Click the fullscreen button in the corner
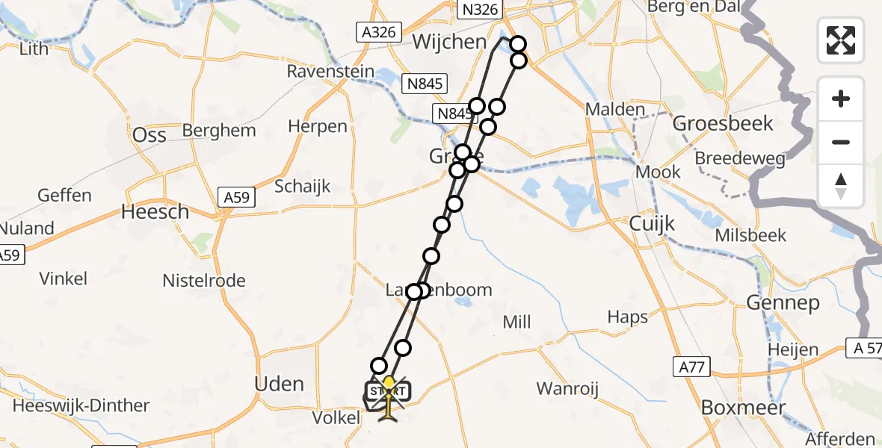pyautogui.click(x=841, y=40)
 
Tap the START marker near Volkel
pyautogui.click(x=388, y=391)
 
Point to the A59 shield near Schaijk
pyautogui.click(x=238, y=197)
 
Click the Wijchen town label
pyautogui.click(x=449, y=42)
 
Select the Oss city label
pyautogui.click(x=149, y=135)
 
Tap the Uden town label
pyautogui.click(x=280, y=385)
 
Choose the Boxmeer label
pyautogui.click(x=744, y=408)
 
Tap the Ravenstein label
pyautogui.click(x=329, y=72)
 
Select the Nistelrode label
pyautogui.click(x=204, y=281)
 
